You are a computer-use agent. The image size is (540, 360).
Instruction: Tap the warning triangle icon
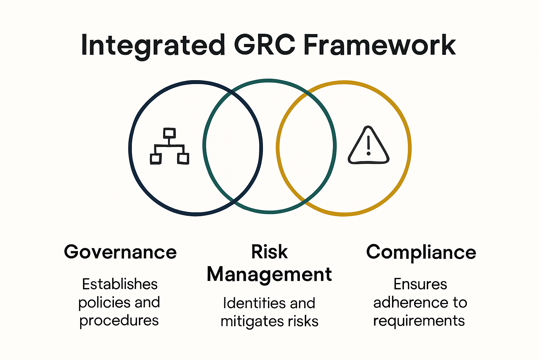(x=368, y=146)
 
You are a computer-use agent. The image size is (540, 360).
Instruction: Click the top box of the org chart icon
(x=169, y=133)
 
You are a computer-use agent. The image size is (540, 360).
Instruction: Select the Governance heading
(x=120, y=252)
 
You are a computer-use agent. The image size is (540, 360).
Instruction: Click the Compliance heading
(x=421, y=252)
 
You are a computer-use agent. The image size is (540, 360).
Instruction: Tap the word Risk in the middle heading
(x=269, y=252)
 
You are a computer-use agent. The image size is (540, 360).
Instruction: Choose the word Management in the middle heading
(x=269, y=274)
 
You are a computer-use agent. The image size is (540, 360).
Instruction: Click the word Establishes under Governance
(x=120, y=284)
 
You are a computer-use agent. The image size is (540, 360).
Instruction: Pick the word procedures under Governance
(x=119, y=321)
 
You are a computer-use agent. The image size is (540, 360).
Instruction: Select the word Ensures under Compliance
(x=420, y=284)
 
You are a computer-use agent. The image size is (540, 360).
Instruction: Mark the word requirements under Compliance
(x=419, y=321)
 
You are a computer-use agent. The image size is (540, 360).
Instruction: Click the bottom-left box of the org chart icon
(x=155, y=159)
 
